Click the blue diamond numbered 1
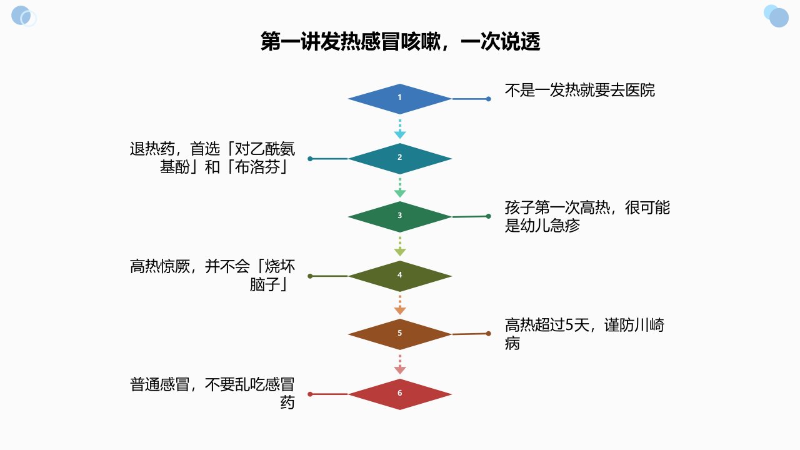click(x=399, y=99)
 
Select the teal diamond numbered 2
click(x=399, y=159)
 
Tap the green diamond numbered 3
click(x=399, y=217)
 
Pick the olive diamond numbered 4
click(x=399, y=276)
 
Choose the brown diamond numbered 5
click(x=399, y=334)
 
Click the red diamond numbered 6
click(x=399, y=394)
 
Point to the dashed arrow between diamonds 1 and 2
click(x=399, y=129)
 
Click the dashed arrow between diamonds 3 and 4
click(x=399, y=246)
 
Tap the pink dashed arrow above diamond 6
click(x=399, y=364)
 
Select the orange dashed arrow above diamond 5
click(x=399, y=305)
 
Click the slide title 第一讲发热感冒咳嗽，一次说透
click(x=400, y=41)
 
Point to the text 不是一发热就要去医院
click(x=579, y=91)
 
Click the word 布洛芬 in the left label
click(x=257, y=167)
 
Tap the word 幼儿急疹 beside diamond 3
click(x=549, y=226)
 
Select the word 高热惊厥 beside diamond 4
click(x=159, y=266)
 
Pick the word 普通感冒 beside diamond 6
click(x=159, y=384)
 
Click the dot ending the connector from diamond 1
click(x=489, y=99)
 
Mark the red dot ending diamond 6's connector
click(x=310, y=394)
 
